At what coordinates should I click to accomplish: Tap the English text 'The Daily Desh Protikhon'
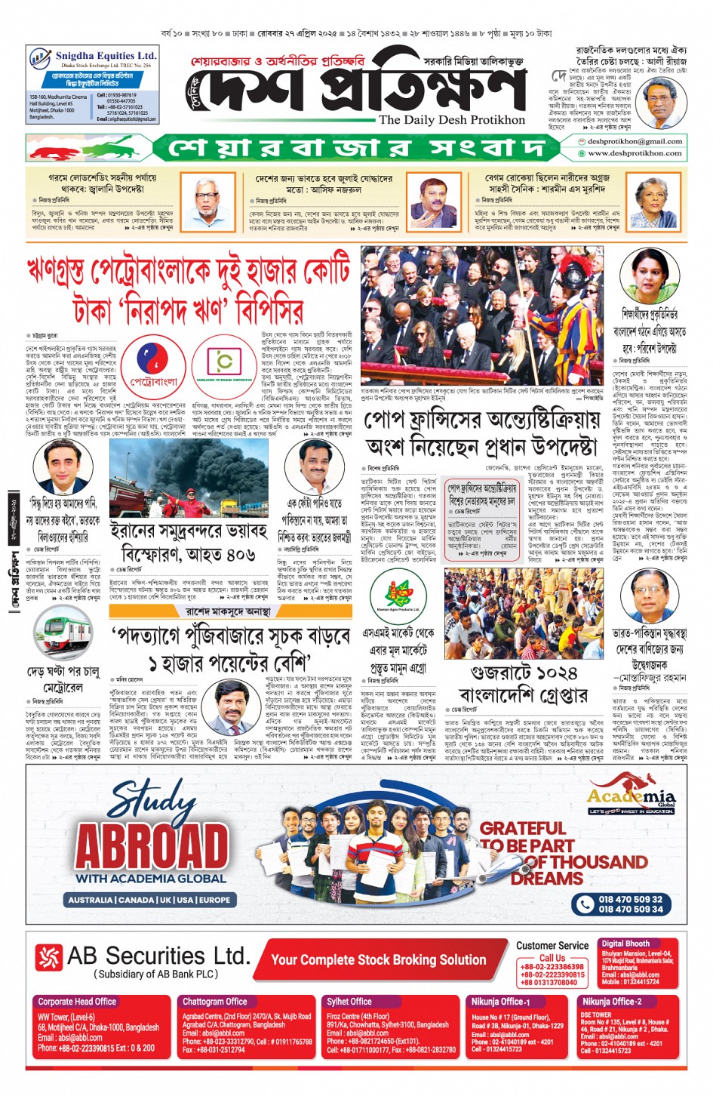pyautogui.click(x=452, y=119)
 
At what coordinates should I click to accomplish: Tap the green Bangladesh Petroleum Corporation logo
pyautogui.click(x=222, y=366)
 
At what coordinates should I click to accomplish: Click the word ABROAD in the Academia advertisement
pyautogui.click(x=152, y=846)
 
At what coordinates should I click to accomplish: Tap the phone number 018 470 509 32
pyautogui.click(x=631, y=899)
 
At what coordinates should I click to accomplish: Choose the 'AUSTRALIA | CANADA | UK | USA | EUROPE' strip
pyautogui.click(x=149, y=900)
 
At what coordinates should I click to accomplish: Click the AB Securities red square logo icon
pyautogui.click(x=48, y=959)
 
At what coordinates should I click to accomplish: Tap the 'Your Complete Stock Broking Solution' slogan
pyautogui.click(x=379, y=960)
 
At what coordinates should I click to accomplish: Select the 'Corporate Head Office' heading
pyautogui.click(x=77, y=1002)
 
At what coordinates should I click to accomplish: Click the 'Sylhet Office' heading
pyautogui.click(x=349, y=1002)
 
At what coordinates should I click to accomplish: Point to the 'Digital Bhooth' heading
pyautogui.click(x=625, y=944)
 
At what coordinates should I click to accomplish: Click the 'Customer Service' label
pyautogui.click(x=552, y=945)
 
